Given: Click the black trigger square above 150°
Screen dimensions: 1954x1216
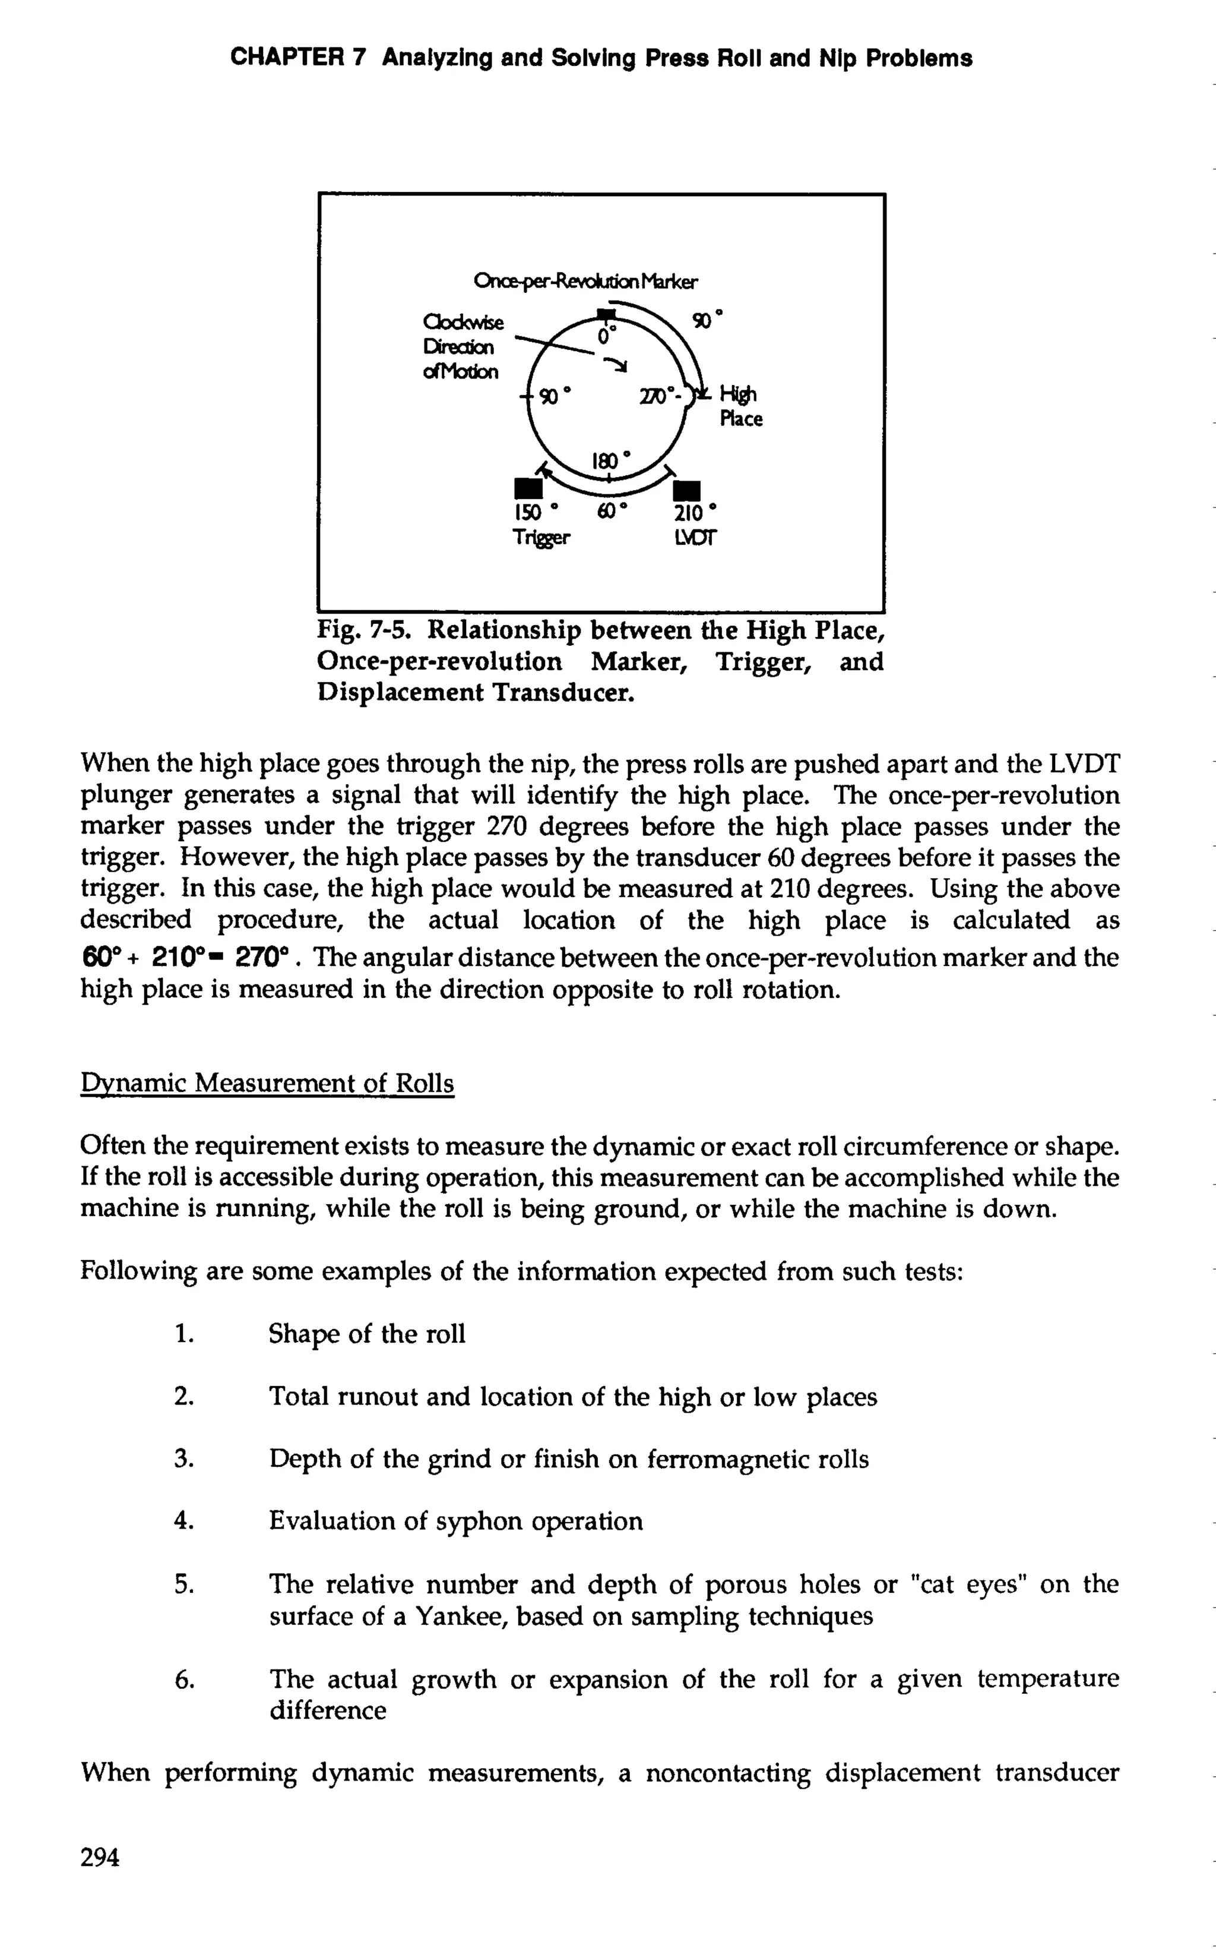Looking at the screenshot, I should [x=526, y=488].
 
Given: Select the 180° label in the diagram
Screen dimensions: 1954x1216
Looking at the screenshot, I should [x=611, y=461].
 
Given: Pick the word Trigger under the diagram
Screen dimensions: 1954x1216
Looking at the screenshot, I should [x=541, y=538].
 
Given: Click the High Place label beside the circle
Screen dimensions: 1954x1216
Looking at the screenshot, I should [x=740, y=406].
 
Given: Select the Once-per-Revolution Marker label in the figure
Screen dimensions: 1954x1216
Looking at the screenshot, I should [x=585, y=282].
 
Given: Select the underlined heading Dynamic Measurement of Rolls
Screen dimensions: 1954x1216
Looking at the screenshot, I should [x=267, y=1084].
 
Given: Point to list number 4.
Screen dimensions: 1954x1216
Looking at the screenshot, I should [x=184, y=1521].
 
